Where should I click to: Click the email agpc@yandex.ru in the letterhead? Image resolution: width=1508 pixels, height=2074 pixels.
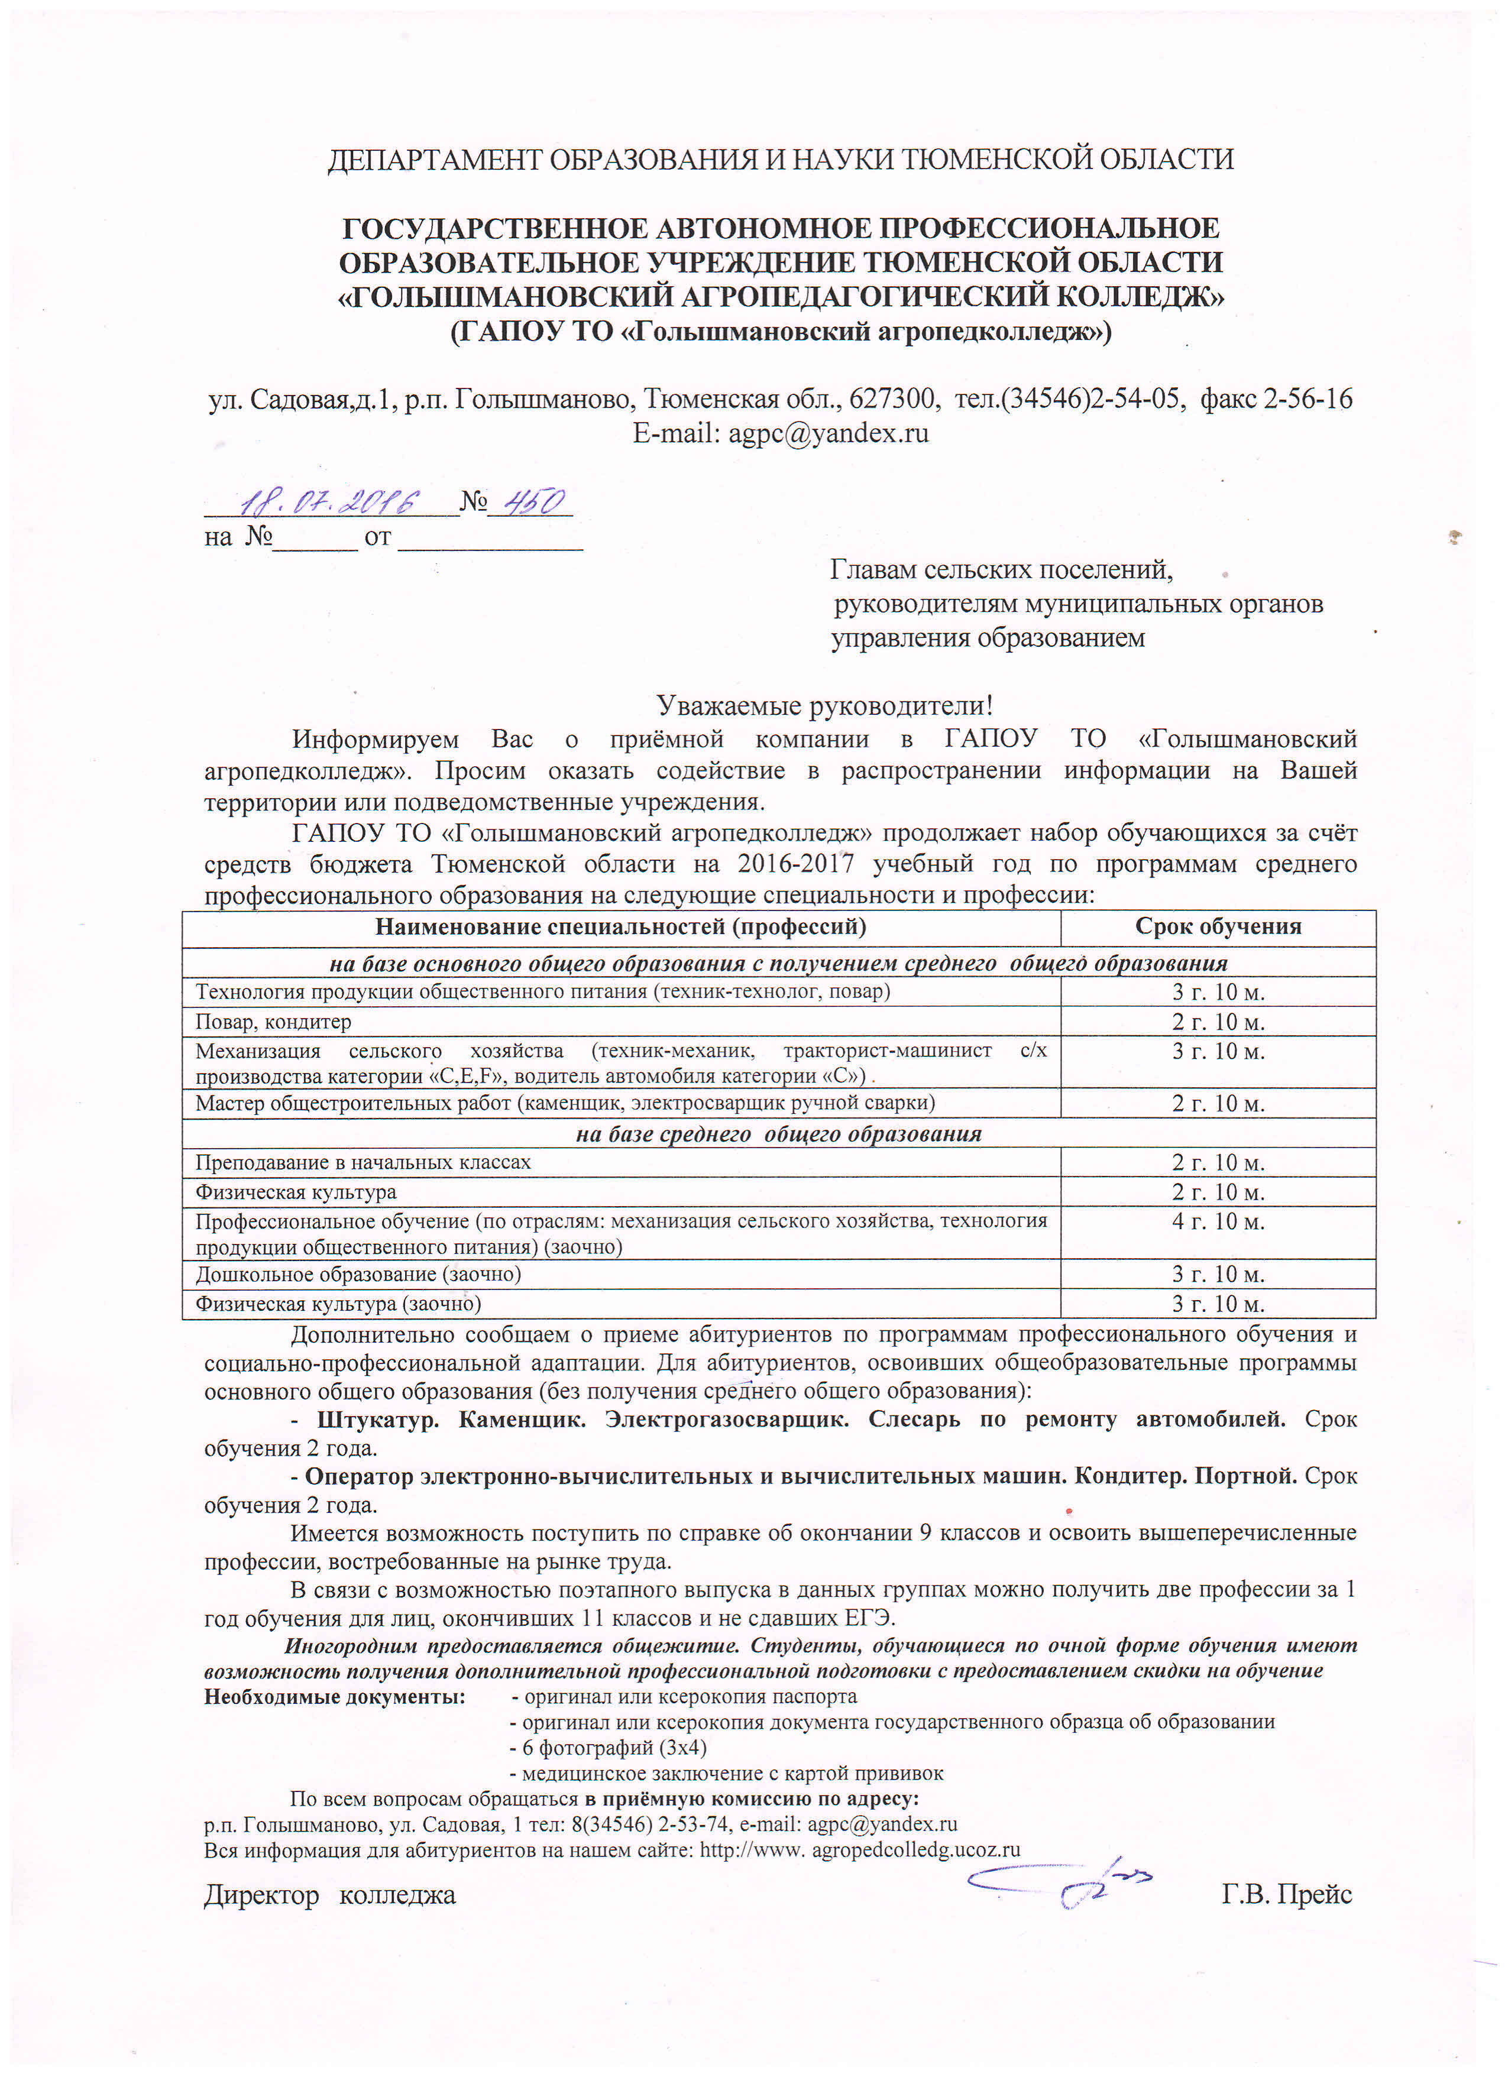pos(827,433)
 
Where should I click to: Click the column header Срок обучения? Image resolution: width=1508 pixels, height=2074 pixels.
pos(1217,926)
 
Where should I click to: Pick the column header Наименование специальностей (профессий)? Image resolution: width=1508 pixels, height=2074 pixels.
pos(620,926)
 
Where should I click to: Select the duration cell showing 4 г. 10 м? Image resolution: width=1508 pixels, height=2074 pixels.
pos(1217,1221)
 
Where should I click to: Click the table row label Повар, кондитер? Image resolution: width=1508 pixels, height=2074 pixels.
pos(273,1022)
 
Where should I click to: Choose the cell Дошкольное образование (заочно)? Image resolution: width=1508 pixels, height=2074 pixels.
pos(358,1274)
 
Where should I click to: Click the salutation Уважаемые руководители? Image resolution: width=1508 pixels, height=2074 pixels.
pos(824,705)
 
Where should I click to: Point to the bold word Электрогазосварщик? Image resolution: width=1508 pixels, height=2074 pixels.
pos(727,1420)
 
